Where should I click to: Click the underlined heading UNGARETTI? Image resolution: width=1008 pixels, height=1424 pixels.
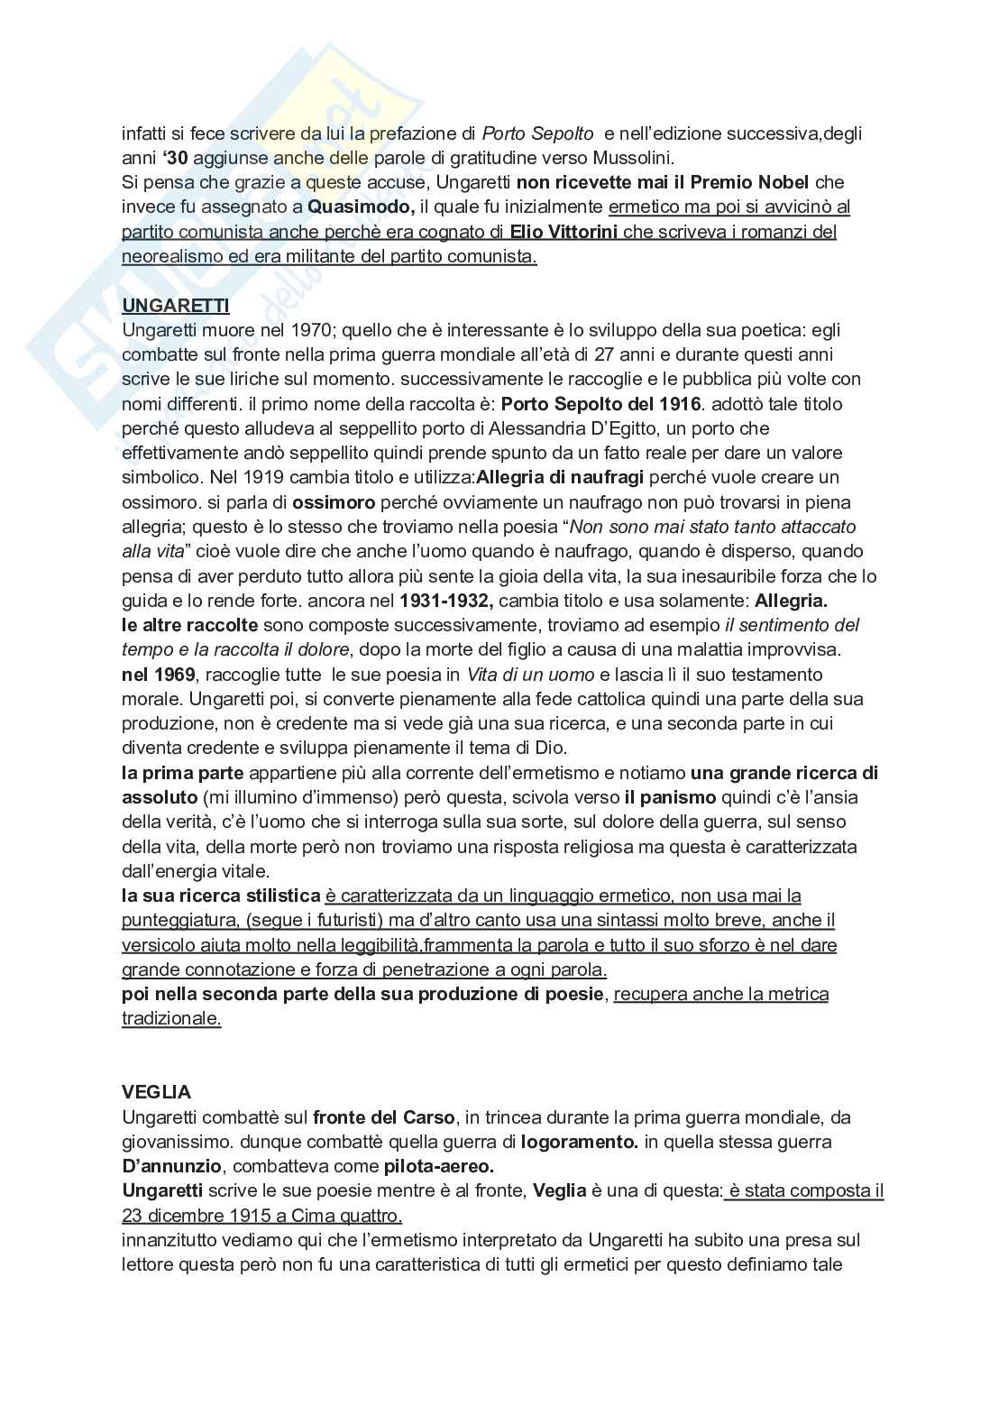[x=175, y=306]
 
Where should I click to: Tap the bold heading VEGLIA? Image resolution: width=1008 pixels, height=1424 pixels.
[x=156, y=1092]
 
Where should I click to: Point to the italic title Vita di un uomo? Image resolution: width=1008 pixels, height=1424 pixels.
[x=530, y=674]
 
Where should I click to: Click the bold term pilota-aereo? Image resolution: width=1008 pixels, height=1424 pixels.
[x=438, y=1166]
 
